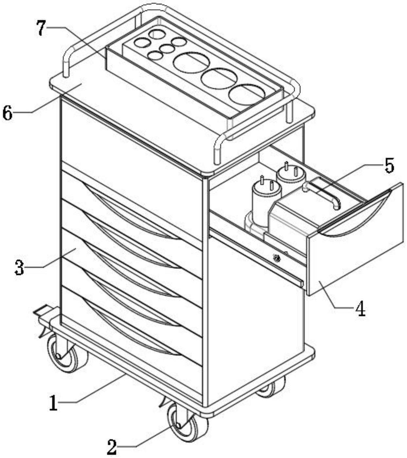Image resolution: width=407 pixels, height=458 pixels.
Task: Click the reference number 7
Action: tap(41, 28)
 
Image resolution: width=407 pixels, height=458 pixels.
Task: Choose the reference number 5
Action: tap(388, 165)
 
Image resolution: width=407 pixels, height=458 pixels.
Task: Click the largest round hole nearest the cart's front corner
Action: tap(247, 94)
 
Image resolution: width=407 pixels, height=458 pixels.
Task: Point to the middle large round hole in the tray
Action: tap(219, 78)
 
